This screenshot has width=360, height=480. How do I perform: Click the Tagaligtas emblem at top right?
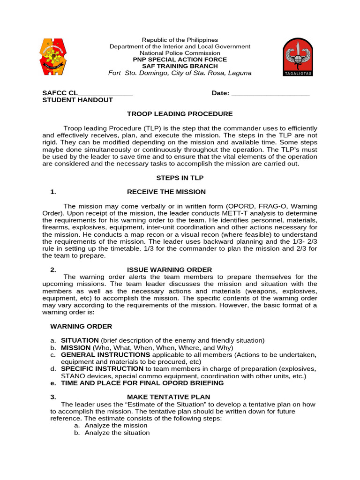coord(298,57)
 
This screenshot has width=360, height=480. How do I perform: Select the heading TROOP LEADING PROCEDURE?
coord(180,114)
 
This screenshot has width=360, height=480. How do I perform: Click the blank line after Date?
coord(270,93)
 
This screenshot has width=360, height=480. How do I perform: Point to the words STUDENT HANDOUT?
coord(77,100)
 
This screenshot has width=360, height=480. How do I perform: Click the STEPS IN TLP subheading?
coord(180,178)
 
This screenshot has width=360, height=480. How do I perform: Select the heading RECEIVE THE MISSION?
coord(166,192)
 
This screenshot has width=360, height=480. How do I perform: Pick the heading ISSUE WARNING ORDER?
coord(169,270)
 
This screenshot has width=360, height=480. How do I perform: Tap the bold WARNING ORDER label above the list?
coord(81,326)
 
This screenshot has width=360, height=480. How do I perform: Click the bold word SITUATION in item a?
coord(80,340)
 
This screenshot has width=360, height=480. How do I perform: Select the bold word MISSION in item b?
coord(76,348)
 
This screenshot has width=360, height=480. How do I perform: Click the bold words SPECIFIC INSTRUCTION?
coord(102,369)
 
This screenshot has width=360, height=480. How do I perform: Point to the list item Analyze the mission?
coord(116,426)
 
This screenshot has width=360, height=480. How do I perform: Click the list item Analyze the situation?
coord(117,433)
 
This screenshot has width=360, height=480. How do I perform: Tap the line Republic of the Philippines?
coord(180,40)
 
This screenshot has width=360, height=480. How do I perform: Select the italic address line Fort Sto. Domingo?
coord(180,73)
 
